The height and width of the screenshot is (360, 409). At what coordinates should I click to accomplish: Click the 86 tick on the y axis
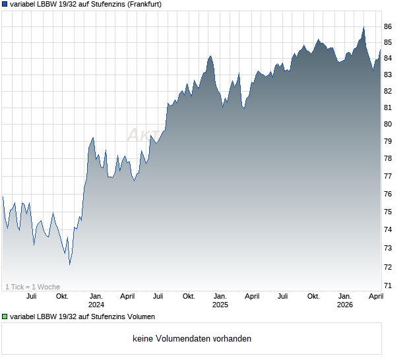388,26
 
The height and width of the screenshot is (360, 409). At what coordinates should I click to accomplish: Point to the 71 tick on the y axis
388,285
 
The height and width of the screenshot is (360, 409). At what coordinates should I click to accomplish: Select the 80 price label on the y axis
388,124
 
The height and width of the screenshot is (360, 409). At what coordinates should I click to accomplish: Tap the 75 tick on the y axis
388,212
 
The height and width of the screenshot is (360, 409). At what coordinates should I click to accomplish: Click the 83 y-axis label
388,75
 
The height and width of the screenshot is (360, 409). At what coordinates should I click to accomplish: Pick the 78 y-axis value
388,159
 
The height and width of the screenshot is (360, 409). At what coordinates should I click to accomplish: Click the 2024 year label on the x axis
96,305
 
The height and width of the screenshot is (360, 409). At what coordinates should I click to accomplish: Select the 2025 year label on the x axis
220,305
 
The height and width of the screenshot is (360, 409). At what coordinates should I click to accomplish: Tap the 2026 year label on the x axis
345,305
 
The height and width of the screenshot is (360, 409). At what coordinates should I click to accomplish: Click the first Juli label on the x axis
31,296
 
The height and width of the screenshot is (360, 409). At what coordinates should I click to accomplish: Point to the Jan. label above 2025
220,296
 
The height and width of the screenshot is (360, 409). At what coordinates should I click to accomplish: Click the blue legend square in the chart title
5,4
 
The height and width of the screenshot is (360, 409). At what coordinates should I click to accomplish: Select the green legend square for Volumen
5,317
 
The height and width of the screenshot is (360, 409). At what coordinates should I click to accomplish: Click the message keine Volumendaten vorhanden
192,339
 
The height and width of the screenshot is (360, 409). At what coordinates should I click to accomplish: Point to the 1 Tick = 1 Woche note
33,287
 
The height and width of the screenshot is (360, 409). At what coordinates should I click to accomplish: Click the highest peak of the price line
363,27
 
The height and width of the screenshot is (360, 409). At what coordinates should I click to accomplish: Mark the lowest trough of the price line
69,264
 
